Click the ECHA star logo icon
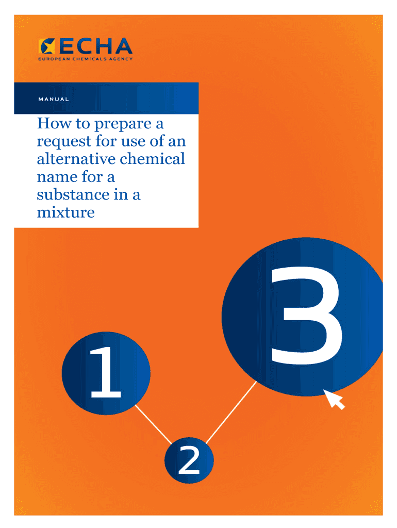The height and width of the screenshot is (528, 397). click(46, 46)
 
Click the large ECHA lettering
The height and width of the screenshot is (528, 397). click(95, 46)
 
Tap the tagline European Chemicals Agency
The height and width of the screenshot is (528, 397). click(86, 59)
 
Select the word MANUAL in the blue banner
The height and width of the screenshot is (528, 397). click(54, 100)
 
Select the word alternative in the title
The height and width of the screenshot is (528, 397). click(76, 159)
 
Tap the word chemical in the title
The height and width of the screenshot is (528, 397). click(153, 159)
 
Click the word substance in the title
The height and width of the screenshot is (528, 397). click(73, 194)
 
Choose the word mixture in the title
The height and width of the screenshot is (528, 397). click(65, 212)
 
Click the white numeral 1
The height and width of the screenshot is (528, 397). click(105, 372)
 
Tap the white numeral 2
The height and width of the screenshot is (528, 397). click(189, 460)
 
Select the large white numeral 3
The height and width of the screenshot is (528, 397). click(306, 316)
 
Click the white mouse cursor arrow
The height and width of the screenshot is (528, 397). click(334, 400)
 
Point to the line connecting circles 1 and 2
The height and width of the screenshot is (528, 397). click(153, 424)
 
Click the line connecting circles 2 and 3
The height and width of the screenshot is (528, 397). click(231, 412)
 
